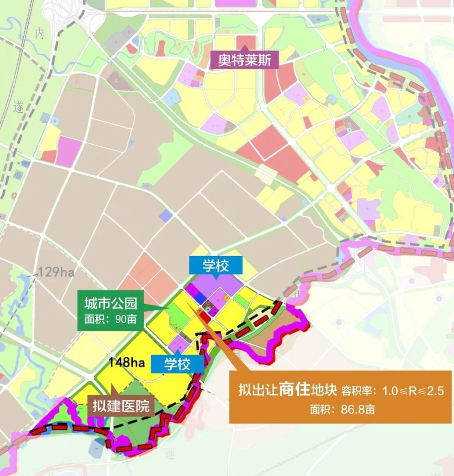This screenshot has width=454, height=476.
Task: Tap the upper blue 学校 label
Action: click(216, 266)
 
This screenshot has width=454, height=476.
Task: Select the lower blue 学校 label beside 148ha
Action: click(178, 364)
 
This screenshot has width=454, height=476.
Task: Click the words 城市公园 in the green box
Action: click(110, 303)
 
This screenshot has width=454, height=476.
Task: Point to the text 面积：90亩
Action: click(110, 319)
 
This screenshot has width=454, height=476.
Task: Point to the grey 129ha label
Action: click(57, 272)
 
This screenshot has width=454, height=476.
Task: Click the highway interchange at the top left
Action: click(67, 14)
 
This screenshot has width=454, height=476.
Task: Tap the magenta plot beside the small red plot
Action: click(69, 150)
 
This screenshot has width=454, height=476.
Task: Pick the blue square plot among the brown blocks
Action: click(166, 216)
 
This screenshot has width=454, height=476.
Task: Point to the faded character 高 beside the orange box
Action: click(206, 406)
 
